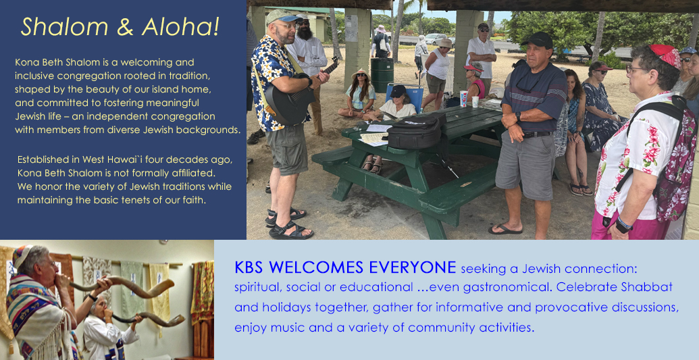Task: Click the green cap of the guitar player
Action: point(282,16)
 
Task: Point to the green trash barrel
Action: point(382,74)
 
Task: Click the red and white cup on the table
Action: point(464,98)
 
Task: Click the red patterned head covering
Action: point(666,55)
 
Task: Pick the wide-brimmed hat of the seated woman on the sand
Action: point(361,74)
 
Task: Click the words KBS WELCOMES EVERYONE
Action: point(345,267)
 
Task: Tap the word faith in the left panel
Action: point(194,200)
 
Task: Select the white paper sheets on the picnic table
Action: point(375,134)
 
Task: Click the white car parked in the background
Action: point(436,38)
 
